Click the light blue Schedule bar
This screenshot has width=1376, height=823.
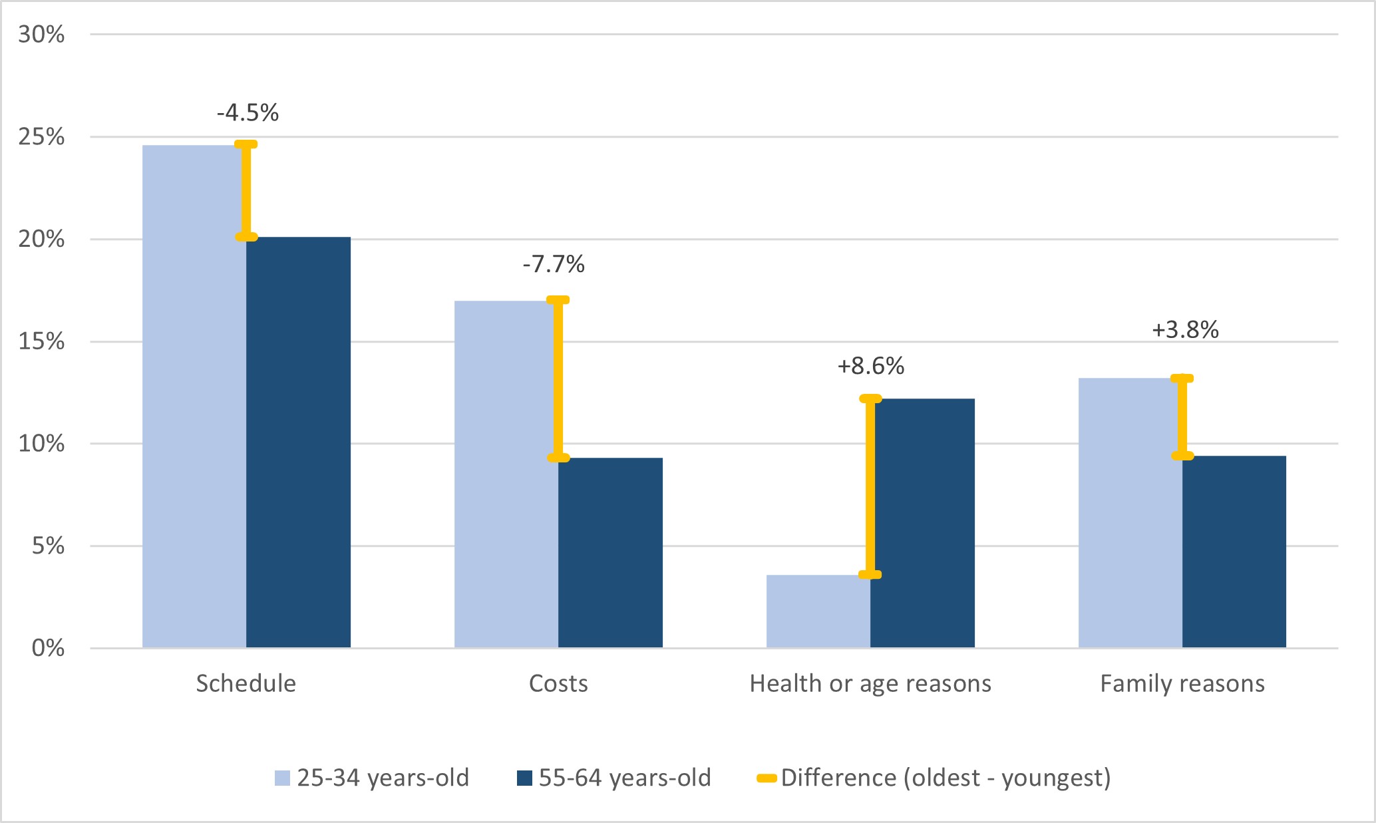coord(194,396)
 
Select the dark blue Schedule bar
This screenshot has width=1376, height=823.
coord(298,442)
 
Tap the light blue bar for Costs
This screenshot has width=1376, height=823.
coord(506,474)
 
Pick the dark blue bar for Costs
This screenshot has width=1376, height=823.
coord(610,552)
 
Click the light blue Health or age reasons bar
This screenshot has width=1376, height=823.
coord(818,611)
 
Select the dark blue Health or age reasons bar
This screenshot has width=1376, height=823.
coord(922,523)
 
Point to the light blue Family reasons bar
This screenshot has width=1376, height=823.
coord(1130,512)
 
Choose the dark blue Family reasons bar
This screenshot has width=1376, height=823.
coord(1234,552)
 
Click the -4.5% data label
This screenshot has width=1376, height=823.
coord(248,112)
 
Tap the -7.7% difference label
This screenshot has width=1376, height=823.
coord(554,264)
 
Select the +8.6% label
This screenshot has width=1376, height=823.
coord(870,366)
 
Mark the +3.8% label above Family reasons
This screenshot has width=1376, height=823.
coord(1185,329)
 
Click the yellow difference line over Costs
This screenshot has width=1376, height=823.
coord(558,379)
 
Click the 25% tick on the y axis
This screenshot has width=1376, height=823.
coord(41,137)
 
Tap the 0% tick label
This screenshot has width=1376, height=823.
coord(48,647)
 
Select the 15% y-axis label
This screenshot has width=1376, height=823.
coord(41,341)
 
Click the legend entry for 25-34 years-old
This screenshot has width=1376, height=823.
coord(372,777)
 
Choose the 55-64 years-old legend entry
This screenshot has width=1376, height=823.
coord(613,777)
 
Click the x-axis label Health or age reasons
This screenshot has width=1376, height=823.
coord(870,683)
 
